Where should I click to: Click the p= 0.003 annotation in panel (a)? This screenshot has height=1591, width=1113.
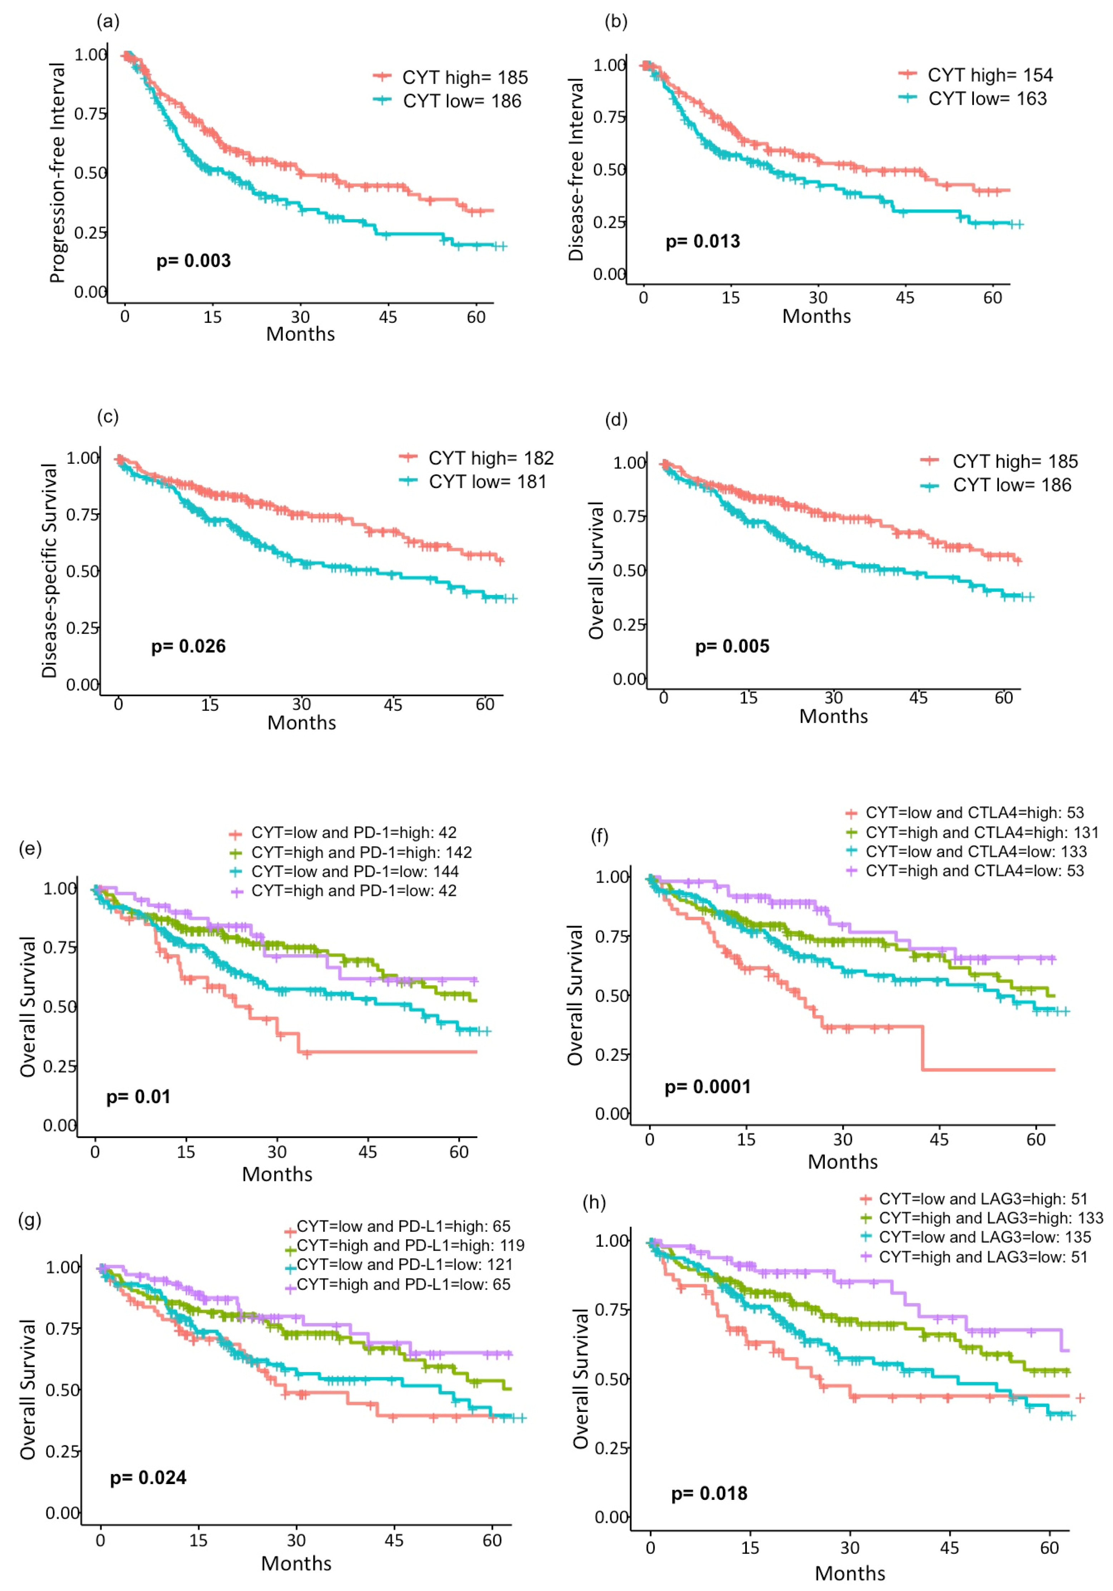193,261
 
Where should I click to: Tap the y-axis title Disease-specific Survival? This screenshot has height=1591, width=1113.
49,570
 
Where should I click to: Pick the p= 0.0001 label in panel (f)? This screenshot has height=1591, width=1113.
708,1087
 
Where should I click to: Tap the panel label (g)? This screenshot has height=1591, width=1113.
30,1220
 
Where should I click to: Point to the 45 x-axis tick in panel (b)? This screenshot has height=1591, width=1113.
905,298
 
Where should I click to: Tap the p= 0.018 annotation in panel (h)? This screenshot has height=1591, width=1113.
709,1493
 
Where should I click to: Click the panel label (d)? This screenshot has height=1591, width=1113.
616,420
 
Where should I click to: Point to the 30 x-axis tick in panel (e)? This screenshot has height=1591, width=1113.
276,1152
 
